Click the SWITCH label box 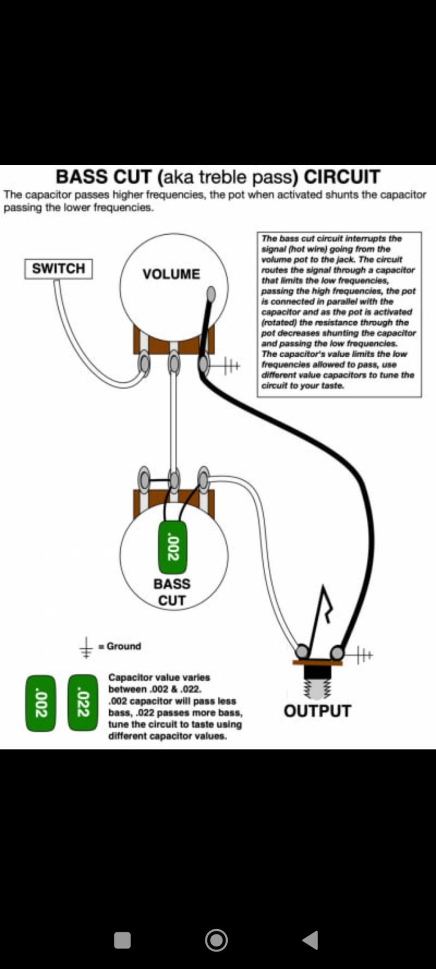pyautogui.click(x=58, y=269)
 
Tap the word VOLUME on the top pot pyautogui.click(x=171, y=274)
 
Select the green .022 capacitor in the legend pyautogui.click(x=83, y=703)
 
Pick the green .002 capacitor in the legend pyautogui.click(x=40, y=703)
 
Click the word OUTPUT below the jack pyautogui.click(x=317, y=711)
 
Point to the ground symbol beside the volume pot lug pyautogui.click(x=231, y=365)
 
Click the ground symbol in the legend pyautogui.click(x=86, y=647)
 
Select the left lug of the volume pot pyautogui.click(x=144, y=364)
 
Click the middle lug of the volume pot pyautogui.click(x=174, y=364)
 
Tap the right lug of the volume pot pyautogui.click(x=204, y=364)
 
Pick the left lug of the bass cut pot pyautogui.click(x=144, y=479)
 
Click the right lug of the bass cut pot pyautogui.click(x=204, y=479)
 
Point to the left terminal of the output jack pyautogui.click(x=302, y=652)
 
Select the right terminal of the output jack pyautogui.click(x=337, y=653)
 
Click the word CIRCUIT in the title pyautogui.click(x=342, y=177)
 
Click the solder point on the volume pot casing pyautogui.click(x=211, y=294)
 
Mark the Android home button pyautogui.click(x=216, y=940)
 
